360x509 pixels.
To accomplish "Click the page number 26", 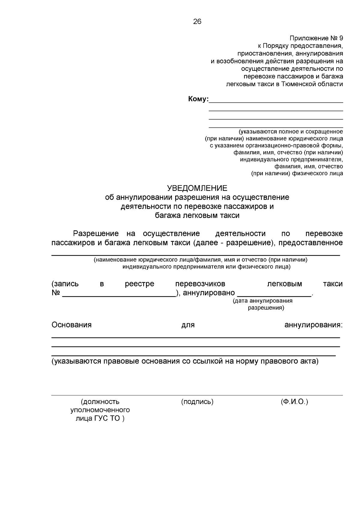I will coord(197,22).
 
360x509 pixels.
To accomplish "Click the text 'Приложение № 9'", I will coord(316,38).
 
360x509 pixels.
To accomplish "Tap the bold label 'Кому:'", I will coord(198,99).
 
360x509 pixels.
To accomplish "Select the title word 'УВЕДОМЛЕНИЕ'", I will coord(197,188).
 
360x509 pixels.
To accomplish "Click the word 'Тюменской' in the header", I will coord(296,84).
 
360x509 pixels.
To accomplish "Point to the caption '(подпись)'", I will coord(197,402).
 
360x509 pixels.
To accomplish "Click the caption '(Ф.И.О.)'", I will coord(294,402).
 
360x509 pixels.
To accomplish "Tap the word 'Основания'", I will coord(71,325).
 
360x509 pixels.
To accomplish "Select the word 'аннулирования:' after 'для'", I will coord(313,325).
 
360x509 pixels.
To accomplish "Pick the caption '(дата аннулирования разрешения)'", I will coord(262,304).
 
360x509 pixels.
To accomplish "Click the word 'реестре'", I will coord(139,284).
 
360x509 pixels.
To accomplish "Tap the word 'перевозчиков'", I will coord(200,284).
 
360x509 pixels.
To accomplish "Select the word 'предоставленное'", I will coord(310,243).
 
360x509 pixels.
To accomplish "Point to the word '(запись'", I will coord(65,284).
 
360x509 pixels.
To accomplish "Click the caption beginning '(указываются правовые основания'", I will coord(185,361).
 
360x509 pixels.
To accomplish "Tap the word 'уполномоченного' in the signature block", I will coord(100,410).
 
